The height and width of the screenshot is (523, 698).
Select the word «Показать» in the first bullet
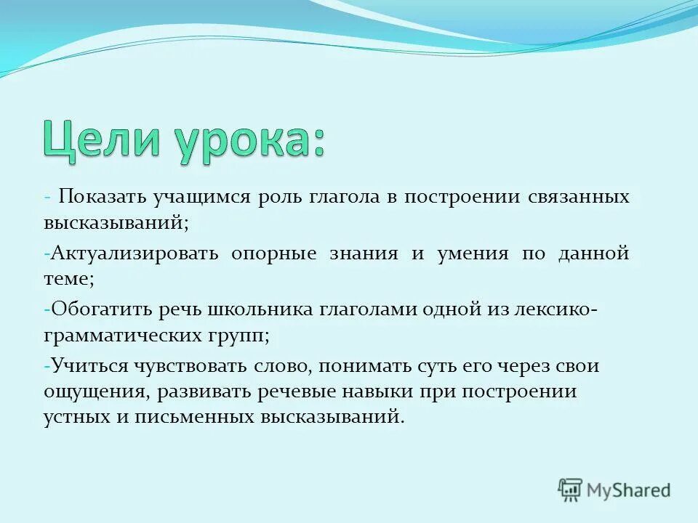(103, 198)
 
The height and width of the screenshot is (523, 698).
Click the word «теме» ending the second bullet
(66, 277)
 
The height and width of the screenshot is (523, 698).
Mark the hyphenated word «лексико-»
(554, 309)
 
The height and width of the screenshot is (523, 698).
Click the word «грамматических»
(119, 336)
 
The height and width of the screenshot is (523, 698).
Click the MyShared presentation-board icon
(570, 490)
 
